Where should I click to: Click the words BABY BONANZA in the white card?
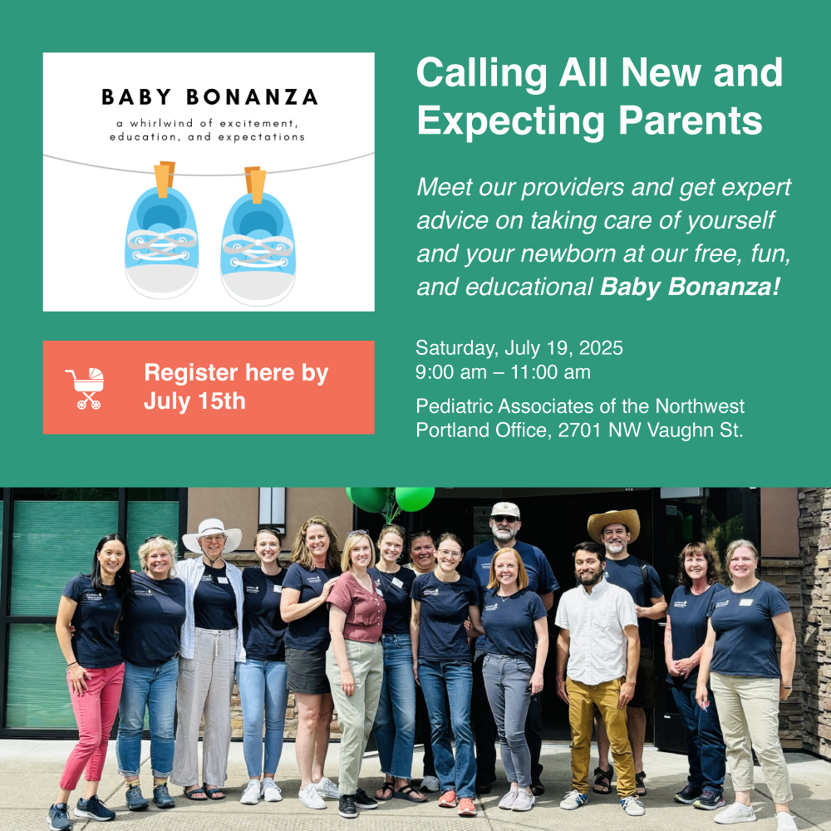(209, 97)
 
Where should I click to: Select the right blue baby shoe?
(258, 248)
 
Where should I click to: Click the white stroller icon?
(86, 388)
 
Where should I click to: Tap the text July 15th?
(194, 401)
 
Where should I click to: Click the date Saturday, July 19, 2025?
(519, 347)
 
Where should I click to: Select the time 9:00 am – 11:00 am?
(503, 372)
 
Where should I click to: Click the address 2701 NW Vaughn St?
(651, 430)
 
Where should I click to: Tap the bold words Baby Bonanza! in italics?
(690, 287)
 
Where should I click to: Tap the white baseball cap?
(505, 510)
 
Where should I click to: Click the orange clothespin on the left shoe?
(165, 179)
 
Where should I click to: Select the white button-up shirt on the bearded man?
(596, 632)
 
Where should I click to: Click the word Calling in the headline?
(482, 73)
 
